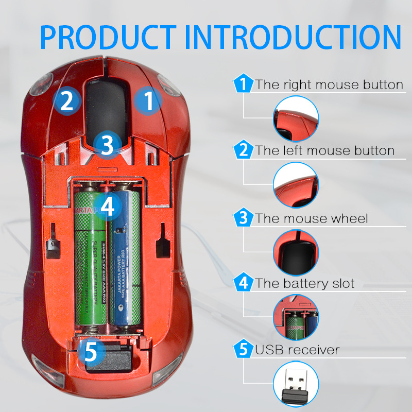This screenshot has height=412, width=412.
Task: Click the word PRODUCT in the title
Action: coord(108,36)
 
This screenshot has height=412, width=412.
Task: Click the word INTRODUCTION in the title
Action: coord(294,36)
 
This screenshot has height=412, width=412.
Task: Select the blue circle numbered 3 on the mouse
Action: coord(107,145)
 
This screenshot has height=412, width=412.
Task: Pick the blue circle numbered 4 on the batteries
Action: coord(107,207)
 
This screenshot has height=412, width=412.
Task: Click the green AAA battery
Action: coord(90,263)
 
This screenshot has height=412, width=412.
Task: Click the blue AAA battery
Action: coord(126,263)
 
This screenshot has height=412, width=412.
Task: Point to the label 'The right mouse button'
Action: coord(329,84)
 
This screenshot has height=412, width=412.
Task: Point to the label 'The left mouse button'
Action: coord(325,151)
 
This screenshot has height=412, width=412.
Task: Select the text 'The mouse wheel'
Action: coord(312,218)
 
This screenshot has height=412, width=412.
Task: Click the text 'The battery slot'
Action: coord(305,284)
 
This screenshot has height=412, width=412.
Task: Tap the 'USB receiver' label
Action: coord(298,350)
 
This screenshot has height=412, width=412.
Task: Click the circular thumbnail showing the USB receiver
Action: coord(296,384)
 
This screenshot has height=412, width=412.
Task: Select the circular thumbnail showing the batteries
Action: coord(296,317)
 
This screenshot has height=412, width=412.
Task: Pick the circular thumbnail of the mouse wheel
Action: coord(296,251)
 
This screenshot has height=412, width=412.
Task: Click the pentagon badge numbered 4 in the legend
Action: coord(243,283)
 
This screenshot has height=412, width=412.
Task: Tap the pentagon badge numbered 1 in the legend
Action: coord(243,84)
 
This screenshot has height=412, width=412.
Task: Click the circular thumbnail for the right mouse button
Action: coord(296,118)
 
